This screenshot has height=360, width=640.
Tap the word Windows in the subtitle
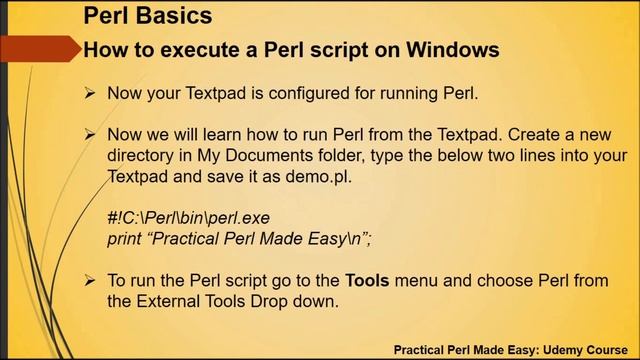click(x=448, y=48)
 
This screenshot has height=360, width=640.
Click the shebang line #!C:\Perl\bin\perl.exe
click(x=188, y=218)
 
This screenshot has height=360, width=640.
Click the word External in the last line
click(x=169, y=299)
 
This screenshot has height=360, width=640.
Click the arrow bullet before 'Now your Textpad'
click(x=89, y=94)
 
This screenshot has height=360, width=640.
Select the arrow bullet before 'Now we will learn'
click(x=89, y=134)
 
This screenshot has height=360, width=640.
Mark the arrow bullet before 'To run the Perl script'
click(x=89, y=281)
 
